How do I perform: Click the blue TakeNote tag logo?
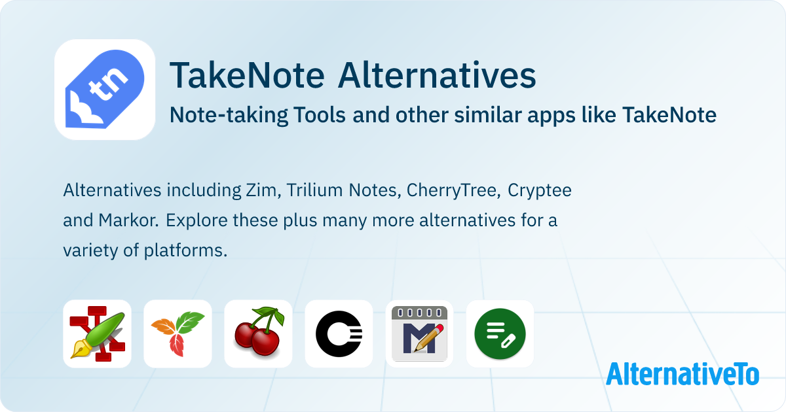[105, 90]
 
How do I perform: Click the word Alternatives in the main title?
[437, 75]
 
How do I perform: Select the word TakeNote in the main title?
[247, 75]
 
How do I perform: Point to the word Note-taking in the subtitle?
[229, 115]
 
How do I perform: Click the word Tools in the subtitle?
[320, 115]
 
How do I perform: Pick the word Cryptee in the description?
[539, 191]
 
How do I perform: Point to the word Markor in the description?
[128, 220]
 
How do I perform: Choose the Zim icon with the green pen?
[97, 334]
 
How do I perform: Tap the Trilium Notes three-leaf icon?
[178, 334]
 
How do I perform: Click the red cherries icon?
[258, 334]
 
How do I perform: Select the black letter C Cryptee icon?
[339, 334]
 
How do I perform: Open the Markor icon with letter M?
[419, 334]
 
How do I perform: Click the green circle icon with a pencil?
[500, 334]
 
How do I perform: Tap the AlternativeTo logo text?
[683, 374]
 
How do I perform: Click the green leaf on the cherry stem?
[278, 315]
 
